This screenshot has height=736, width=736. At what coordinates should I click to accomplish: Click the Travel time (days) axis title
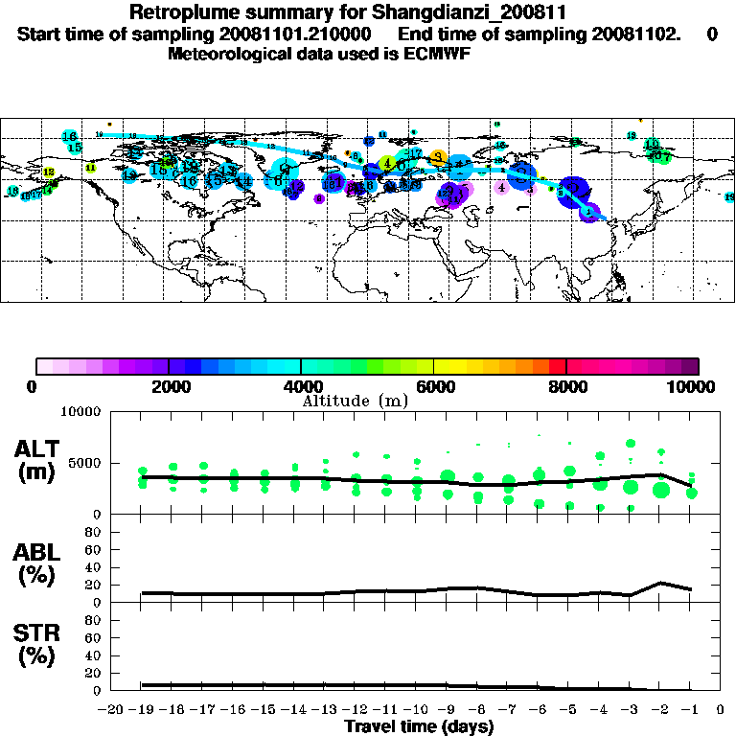[x=419, y=727]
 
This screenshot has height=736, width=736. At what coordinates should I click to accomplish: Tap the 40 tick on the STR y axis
[x=95, y=655]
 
